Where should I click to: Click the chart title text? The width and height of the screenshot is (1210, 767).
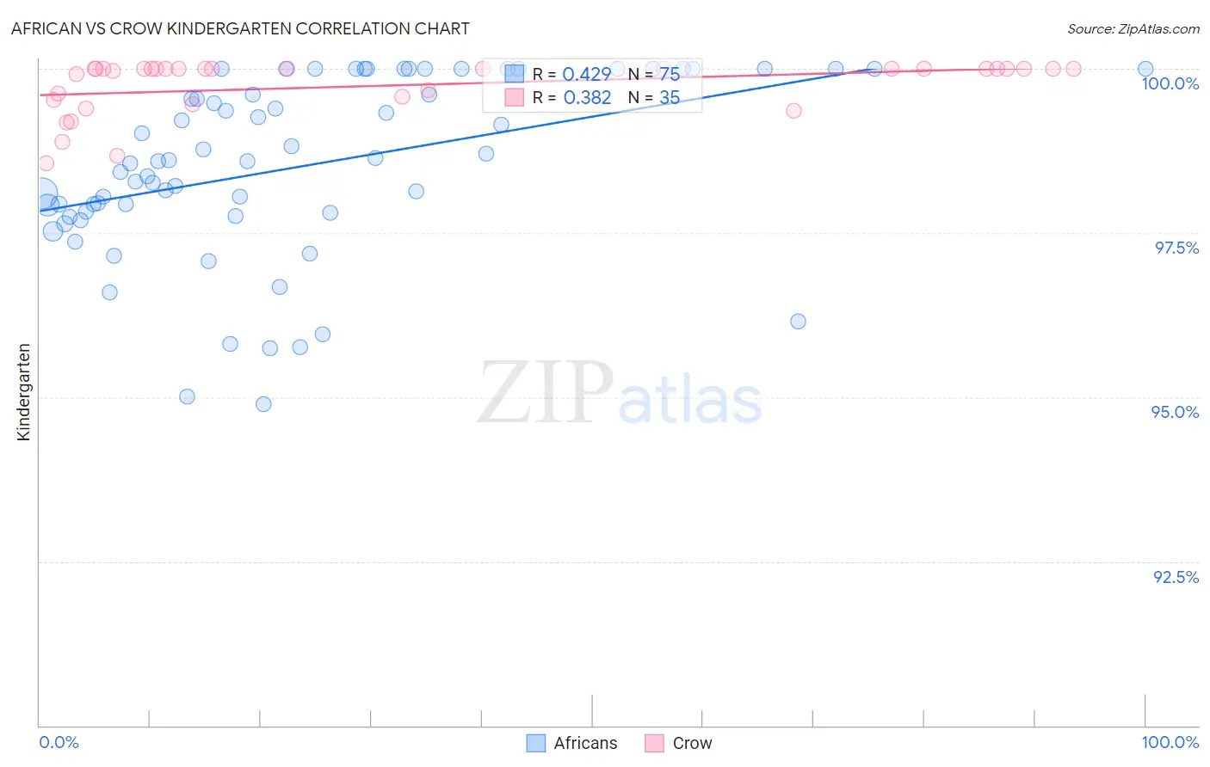[240, 28]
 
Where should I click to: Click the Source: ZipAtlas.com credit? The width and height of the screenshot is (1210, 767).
[1133, 28]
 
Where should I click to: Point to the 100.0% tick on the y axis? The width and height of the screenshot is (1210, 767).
[1170, 83]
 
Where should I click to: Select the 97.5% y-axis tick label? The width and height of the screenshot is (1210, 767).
[1176, 248]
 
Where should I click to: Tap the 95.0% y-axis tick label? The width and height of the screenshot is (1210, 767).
[1175, 412]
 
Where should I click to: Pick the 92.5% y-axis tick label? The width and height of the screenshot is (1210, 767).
[1176, 577]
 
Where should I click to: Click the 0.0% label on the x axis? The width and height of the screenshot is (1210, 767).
[59, 742]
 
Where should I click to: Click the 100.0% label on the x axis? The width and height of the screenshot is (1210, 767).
[1170, 742]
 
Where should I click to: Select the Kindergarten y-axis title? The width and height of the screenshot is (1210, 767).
[24, 392]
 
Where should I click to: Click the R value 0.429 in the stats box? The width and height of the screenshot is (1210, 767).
[587, 74]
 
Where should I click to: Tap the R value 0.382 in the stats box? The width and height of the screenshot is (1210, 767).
[587, 98]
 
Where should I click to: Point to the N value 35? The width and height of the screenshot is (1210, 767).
[670, 98]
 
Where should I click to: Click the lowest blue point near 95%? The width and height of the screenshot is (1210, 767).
[263, 404]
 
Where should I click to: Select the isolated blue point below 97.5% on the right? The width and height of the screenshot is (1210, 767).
[798, 322]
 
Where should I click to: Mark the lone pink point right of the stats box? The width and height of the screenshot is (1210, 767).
[793, 111]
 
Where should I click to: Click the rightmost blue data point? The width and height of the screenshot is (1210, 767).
[1145, 69]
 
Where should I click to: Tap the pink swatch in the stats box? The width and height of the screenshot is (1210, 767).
[514, 97]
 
